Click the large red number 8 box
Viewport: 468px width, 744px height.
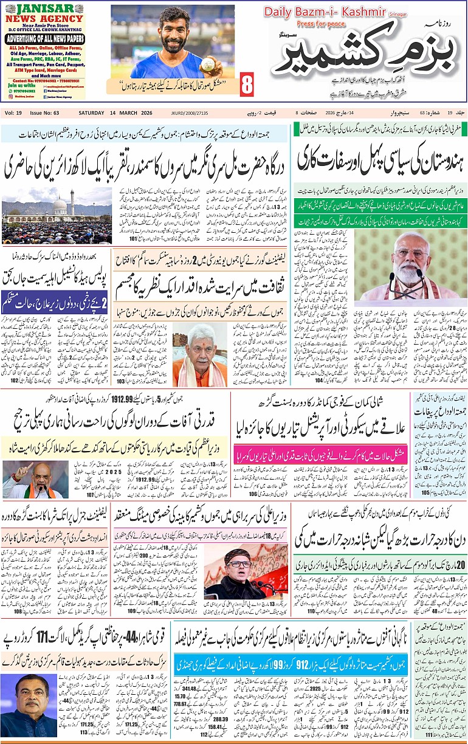[246, 84]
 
